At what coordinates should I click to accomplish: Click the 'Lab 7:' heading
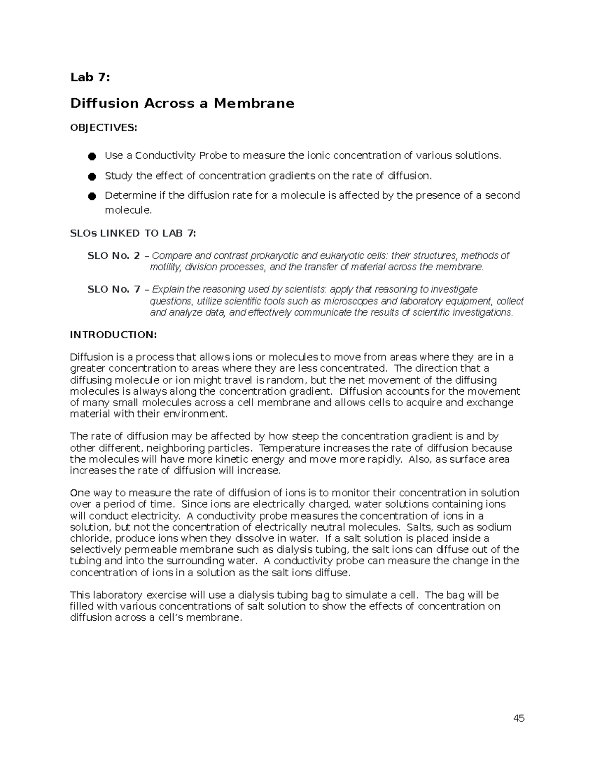[x=90, y=77]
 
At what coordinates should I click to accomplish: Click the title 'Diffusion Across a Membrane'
[x=182, y=103]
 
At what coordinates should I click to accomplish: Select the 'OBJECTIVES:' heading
[x=103, y=128]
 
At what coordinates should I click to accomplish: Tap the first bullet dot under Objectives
[x=92, y=156]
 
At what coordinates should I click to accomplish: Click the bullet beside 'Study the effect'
[x=92, y=177]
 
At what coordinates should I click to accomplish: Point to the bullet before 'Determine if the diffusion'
[x=92, y=196]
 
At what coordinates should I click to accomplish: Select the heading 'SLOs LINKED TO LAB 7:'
[x=133, y=234]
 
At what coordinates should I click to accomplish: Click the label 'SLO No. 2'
[x=114, y=256]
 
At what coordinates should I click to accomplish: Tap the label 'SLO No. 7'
[x=114, y=289]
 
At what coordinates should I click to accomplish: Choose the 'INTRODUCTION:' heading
[x=113, y=335]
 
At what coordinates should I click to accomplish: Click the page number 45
[x=519, y=718]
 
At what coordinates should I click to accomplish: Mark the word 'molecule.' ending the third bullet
[x=127, y=210]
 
